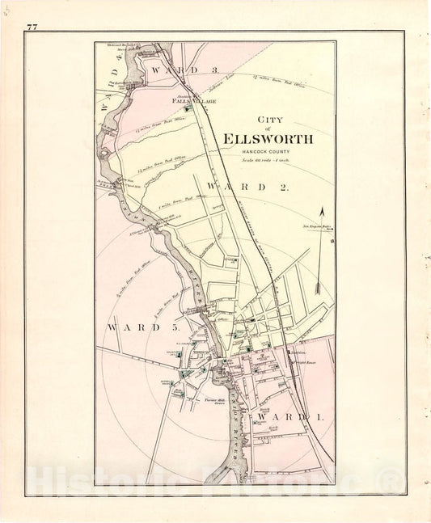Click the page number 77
[x=32, y=27]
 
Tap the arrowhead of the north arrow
[x=322, y=212]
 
